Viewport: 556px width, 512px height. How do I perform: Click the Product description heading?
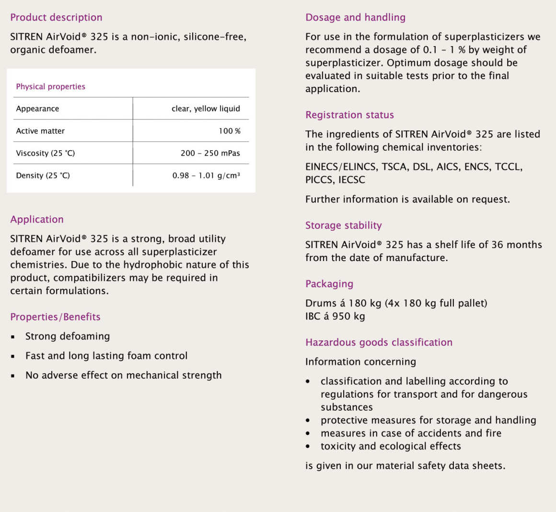pos(56,18)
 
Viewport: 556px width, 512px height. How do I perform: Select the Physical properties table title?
pos(50,86)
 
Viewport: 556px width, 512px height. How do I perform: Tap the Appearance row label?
pos(37,108)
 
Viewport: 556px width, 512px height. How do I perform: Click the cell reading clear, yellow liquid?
pos(206,108)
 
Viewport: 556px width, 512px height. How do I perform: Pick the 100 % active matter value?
pos(230,131)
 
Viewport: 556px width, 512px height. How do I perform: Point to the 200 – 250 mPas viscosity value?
pos(210,153)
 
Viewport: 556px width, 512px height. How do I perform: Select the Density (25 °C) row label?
pos(43,176)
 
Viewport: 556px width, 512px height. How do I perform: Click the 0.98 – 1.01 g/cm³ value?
pos(206,176)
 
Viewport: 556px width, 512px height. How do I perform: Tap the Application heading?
pos(37,220)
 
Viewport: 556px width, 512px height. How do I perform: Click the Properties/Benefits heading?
pos(55,317)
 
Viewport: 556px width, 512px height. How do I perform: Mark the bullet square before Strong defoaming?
pos(13,337)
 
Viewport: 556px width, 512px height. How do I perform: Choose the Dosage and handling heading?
pos(355,18)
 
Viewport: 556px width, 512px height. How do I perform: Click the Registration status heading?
pos(349,115)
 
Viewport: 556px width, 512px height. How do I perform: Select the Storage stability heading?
pos(343,226)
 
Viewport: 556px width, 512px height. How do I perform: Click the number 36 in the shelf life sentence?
pos(497,245)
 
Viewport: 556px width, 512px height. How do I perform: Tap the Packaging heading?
pos(329,284)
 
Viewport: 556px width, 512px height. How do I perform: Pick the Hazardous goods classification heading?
pos(379,343)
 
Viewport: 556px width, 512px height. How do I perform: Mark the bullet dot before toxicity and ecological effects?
pos(308,447)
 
